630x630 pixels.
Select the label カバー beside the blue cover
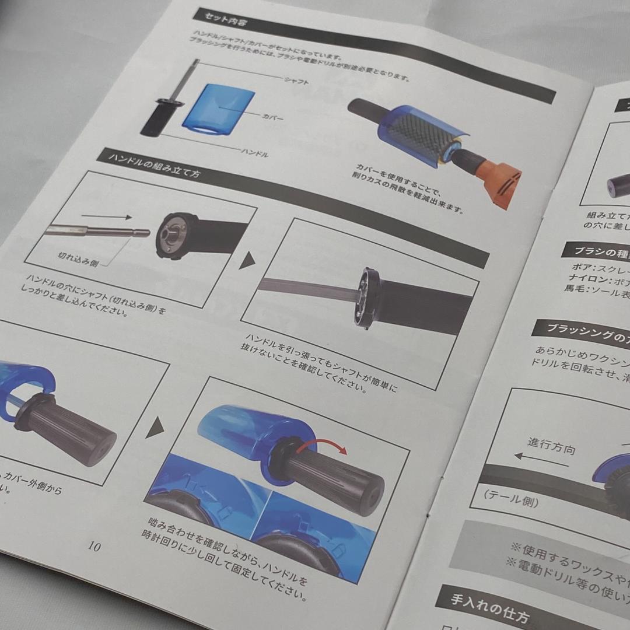[272, 117]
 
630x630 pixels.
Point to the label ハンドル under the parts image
[254, 153]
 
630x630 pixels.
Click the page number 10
[94, 547]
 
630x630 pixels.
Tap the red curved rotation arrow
[324, 444]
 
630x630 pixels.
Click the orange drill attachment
[498, 178]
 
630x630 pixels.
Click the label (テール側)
[511, 500]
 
